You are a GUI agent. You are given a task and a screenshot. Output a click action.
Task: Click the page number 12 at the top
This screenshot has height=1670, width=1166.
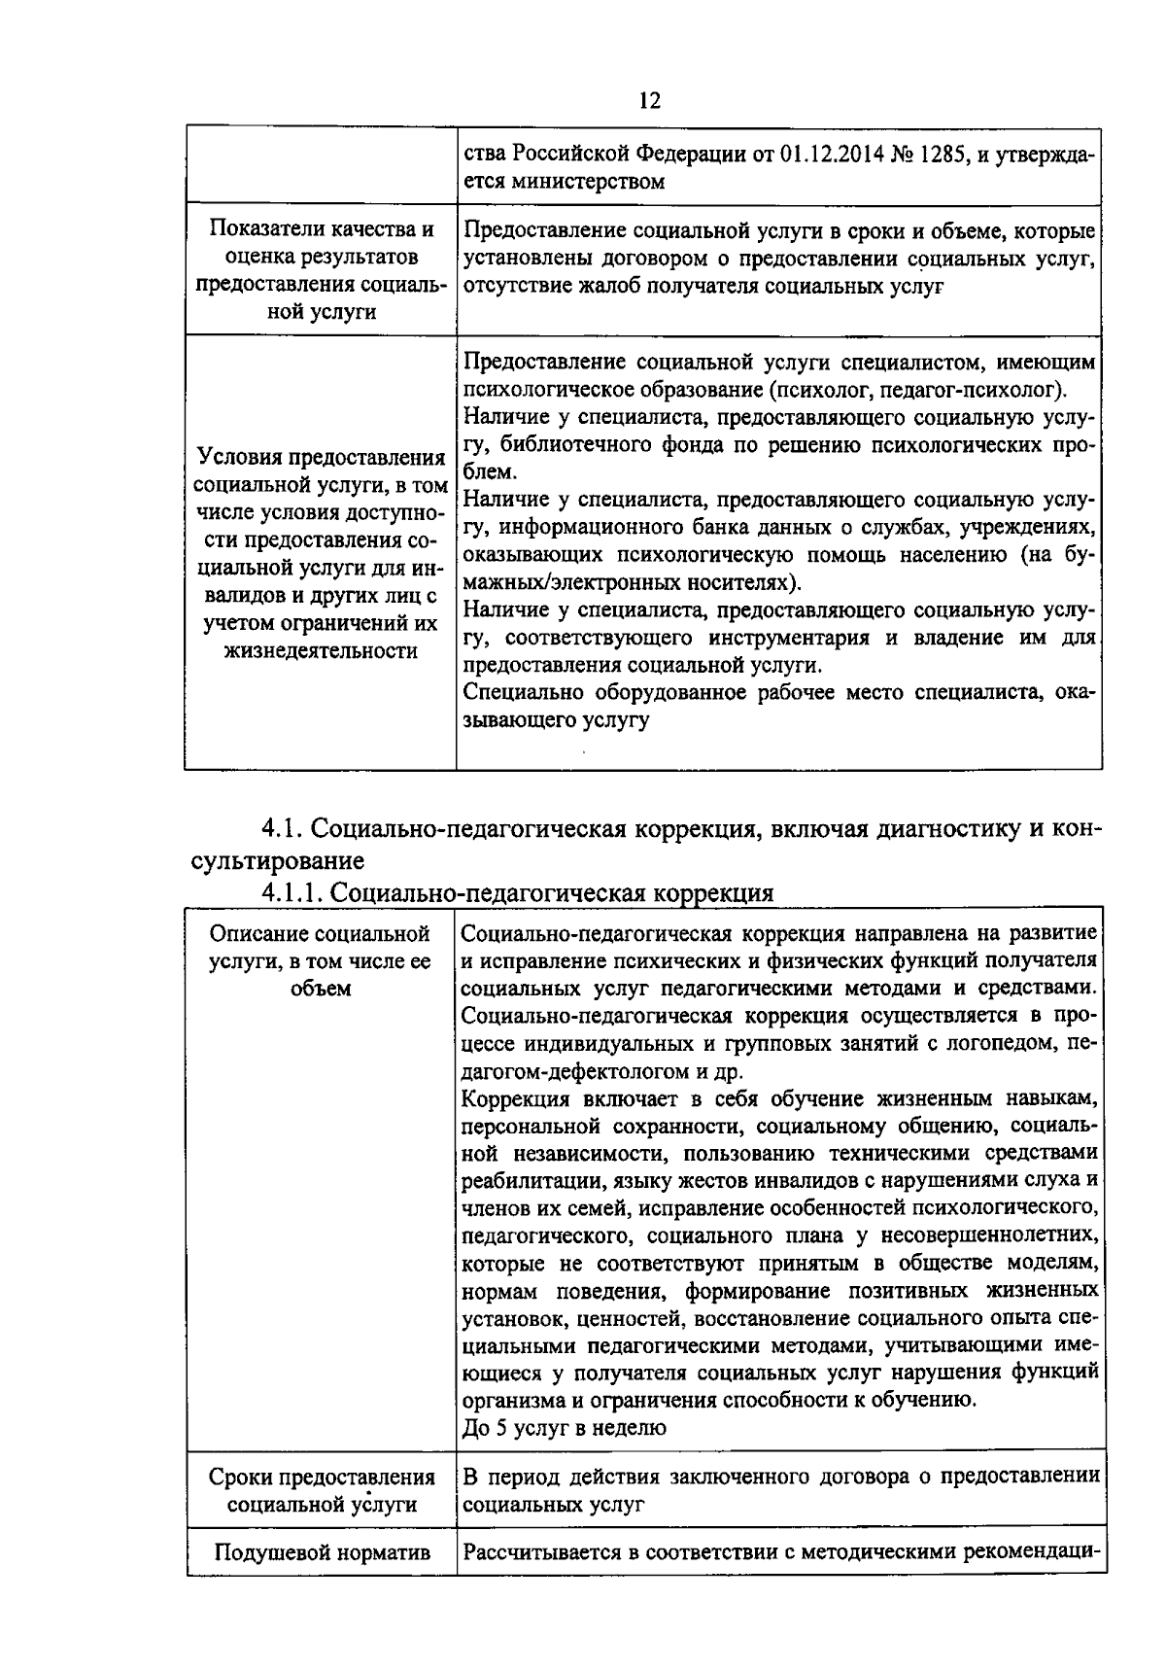point(650,101)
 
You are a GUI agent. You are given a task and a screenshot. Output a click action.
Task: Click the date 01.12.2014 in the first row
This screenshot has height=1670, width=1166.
point(833,156)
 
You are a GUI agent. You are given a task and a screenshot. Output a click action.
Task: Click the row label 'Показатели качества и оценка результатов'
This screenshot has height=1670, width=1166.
point(322,244)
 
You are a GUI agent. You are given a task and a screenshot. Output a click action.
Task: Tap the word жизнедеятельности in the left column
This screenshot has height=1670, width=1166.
point(322,650)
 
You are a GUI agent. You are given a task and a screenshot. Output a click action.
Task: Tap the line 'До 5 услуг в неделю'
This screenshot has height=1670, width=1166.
point(564,1428)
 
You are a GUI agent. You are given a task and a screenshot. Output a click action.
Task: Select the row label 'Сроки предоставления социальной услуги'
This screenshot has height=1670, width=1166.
point(322,1491)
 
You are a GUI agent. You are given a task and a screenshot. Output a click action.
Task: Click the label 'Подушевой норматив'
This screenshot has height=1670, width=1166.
point(322,1553)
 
